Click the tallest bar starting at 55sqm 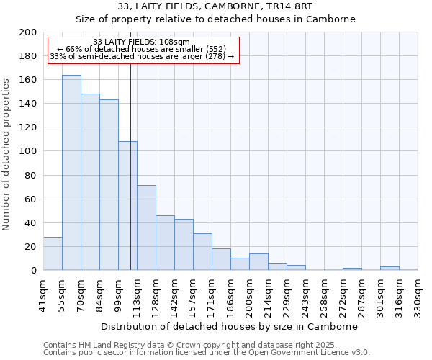click(71, 173)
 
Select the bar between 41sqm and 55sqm click(53, 253)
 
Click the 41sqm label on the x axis click(44, 295)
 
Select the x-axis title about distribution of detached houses click(229, 326)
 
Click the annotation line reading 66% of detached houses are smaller click(141, 49)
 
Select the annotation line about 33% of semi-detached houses click(141, 56)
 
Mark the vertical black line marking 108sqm click(130, 180)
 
